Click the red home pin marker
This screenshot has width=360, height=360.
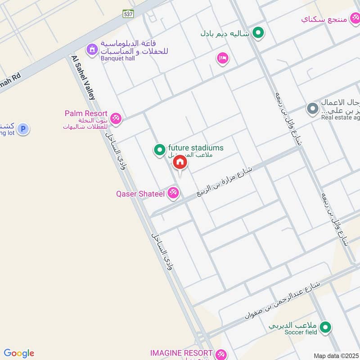(180, 162)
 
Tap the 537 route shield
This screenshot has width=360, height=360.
(128, 14)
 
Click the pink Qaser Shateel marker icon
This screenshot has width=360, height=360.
(173, 193)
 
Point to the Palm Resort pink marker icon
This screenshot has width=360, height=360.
(116, 118)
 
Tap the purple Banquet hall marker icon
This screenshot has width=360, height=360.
(92, 49)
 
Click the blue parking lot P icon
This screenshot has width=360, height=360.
(23, 130)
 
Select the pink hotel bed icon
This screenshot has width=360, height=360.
(222, 58)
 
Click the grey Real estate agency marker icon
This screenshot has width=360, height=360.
(312, 108)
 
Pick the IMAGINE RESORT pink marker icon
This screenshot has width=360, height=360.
(220, 354)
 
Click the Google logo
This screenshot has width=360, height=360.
(19, 353)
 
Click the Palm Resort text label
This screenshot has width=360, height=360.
(86, 114)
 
